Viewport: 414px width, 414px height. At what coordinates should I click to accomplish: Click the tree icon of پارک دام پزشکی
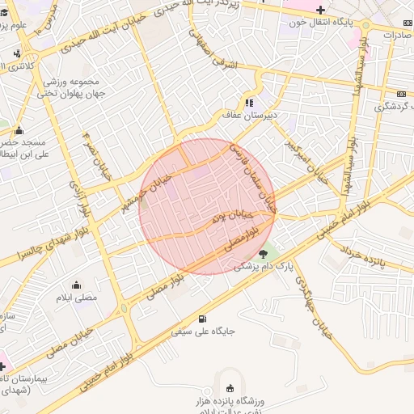click(x=264, y=254)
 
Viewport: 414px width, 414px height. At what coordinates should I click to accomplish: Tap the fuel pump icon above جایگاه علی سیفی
click(x=201, y=317)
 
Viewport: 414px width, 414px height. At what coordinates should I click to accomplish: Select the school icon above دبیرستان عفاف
click(x=248, y=103)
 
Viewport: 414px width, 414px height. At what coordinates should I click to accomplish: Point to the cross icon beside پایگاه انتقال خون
click(x=321, y=10)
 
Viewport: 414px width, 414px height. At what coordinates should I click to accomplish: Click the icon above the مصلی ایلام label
click(x=77, y=285)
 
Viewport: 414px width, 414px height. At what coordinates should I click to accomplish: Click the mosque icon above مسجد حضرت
click(x=18, y=130)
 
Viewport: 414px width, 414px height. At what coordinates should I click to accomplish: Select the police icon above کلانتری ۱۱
click(x=18, y=54)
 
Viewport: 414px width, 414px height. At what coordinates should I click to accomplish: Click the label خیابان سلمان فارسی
click(x=251, y=175)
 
